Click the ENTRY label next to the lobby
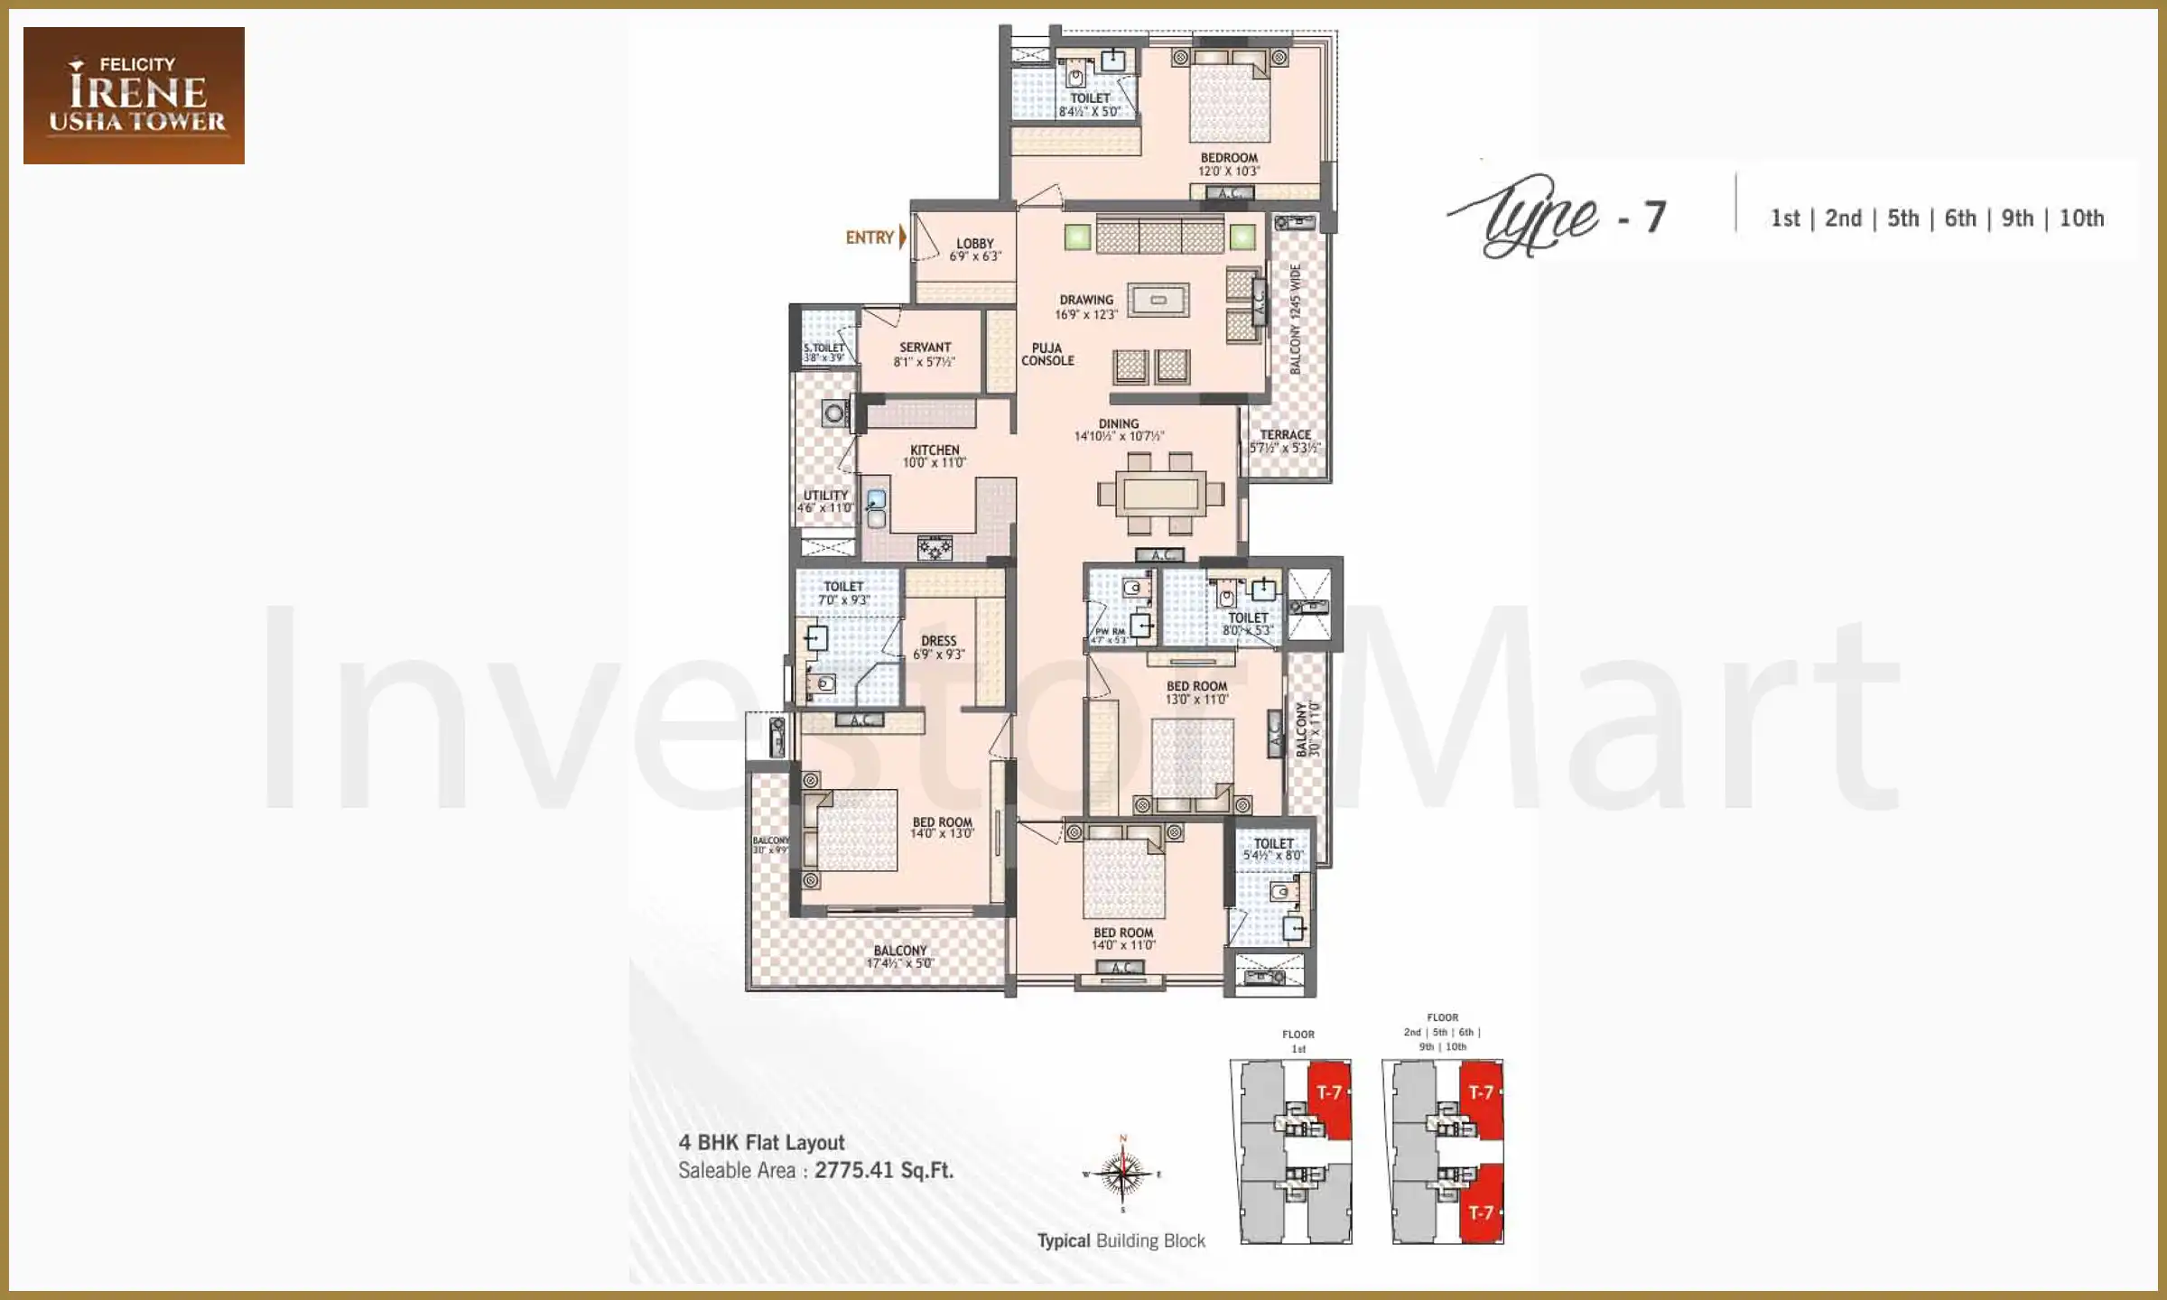[870, 237]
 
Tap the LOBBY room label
[975, 244]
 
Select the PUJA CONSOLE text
[1047, 354]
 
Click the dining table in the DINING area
[1161, 495]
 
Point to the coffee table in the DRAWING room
[1158, 300]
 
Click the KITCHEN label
[935, 450]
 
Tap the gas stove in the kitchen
[935, 547]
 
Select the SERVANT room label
[925, 348]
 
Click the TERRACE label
[1285, 434]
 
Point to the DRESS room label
[938, 641]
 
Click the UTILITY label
[825, 495]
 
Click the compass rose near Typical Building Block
[1121, 1175]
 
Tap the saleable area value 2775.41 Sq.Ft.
[884, 1171]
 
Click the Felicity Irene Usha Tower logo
[134, 96]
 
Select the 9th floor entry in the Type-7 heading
[2017, 218]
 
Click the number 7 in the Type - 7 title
[1654, 218]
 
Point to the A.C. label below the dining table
[1161, 555]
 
